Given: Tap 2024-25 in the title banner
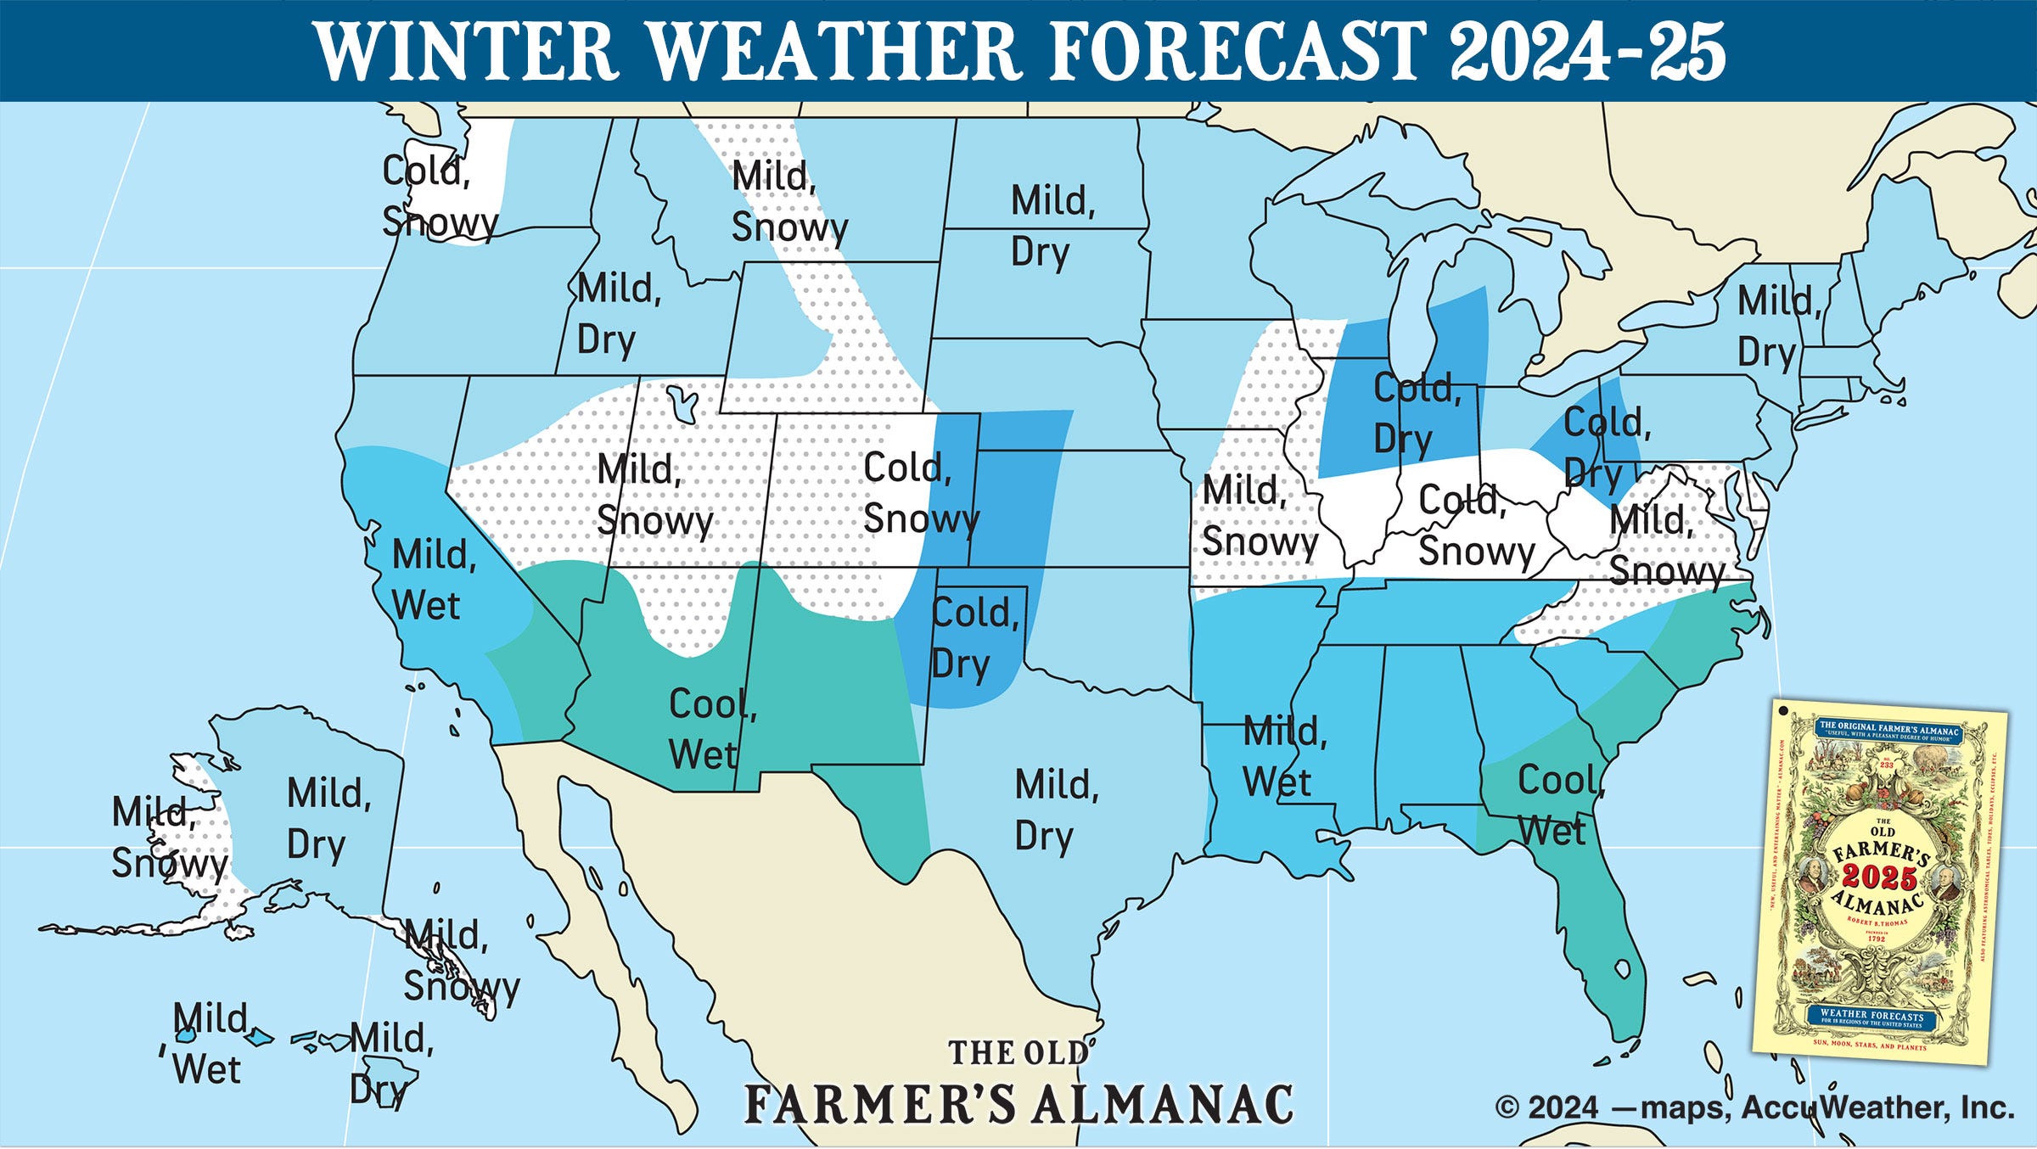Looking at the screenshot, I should click(x=1587, y=51).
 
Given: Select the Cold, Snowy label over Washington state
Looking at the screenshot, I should click(x=439, y=197).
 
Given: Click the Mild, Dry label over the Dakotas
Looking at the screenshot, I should click(x=1052, y=227).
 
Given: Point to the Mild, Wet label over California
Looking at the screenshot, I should click(x=433, y=580).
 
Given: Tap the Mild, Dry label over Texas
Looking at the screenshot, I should click(x=1056, y=810).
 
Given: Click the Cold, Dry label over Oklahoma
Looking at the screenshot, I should click(x=974, y=638).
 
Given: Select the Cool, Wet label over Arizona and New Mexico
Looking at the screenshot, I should click(x=711, y=728).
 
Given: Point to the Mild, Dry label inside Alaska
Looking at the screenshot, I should click(x=328, y=819).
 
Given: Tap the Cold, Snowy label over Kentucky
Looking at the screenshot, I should click(x=1475, y=525).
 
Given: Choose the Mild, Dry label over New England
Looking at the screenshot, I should click(x=1777, y=326).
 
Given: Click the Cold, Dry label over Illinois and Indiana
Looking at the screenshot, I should click(x=1416, y=413).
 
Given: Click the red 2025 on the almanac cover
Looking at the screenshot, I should click(x=1878, y=877).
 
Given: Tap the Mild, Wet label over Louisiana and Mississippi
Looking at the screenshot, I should click(x=1284, y=755).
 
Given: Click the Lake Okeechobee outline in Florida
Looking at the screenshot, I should click(x=1622, y=968).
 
